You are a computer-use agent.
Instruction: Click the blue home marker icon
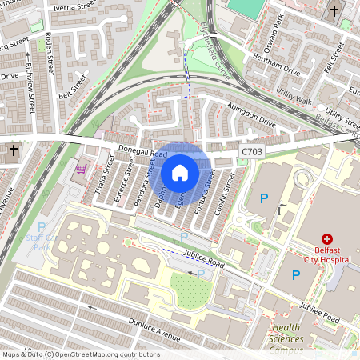click(180, 172)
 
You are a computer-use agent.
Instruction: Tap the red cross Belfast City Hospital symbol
click(326, 239)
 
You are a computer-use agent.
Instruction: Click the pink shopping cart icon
click(81, 169)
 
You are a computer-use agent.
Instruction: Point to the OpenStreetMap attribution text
click(80, 354)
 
